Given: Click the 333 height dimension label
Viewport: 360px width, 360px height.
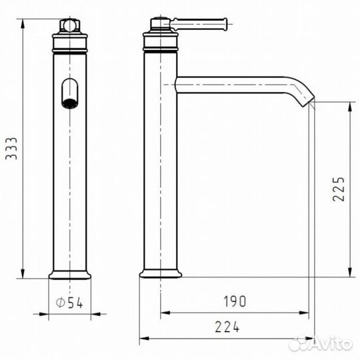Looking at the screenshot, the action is coord(11,148).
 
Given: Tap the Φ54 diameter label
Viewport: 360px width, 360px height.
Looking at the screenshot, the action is coord(69,303).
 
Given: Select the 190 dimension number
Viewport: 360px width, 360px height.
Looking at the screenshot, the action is coord(235,301).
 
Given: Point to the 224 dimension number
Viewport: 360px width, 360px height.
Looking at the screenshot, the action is coord(227,327).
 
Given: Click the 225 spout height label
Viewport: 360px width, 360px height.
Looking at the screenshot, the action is coord(339,189).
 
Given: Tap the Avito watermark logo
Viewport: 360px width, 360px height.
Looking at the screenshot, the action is coord(320,344).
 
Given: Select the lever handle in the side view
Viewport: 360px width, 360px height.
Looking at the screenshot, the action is coord(199,24).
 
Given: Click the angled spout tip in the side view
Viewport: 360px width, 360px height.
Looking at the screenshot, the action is coord(307,101).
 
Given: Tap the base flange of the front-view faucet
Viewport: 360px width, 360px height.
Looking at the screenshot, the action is coord(69,275).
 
